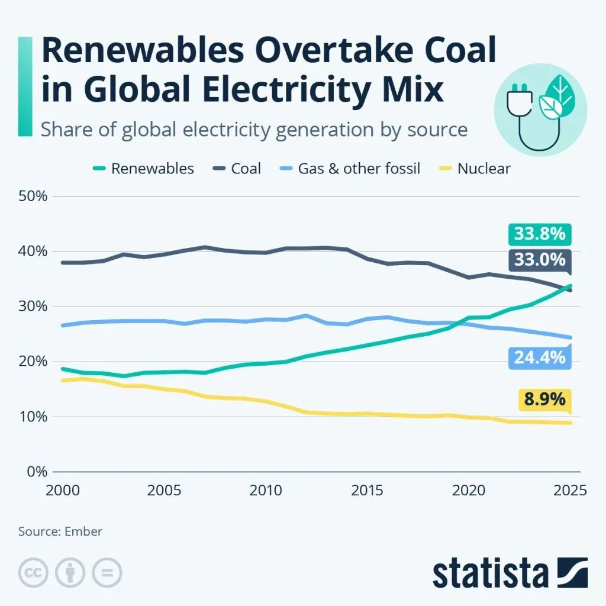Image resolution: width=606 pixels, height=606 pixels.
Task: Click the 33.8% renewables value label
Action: pyautogui.click(x=540, y=234)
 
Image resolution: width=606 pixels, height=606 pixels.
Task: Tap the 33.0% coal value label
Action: pyautogui.click(x=540, y=260)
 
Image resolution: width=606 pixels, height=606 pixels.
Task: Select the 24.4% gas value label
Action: pyautogui.click(x=540, y=358)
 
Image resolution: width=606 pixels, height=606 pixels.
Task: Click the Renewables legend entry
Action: pyautogui.click(x=152, y=169)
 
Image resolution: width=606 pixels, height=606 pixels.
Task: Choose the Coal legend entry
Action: pyautogui.click(x=246, y=169)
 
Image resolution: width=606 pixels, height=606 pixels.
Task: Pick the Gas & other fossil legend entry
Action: pyautogui.click(x=359, y=169)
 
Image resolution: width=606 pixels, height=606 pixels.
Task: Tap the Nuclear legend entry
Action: pyautogui.click(x=483, y=169)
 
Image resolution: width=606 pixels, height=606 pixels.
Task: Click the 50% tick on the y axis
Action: pyautogui.click(x=33, y=196)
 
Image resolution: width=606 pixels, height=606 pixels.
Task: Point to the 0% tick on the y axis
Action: pyautogui.click(x=36, y=472)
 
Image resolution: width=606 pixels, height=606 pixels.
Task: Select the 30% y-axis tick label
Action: pyautogui.click(x=33, y=307)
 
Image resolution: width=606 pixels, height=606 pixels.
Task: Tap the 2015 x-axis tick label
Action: pyautogui.click(x=364, y=491)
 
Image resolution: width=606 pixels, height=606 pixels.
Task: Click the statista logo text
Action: pyautogui.click(x=491, y=573)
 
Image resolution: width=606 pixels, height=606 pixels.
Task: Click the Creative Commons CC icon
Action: pyautogui.click(x=34, y=573)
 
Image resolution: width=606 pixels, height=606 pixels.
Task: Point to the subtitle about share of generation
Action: pyautogui.click(x=254, y=129)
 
